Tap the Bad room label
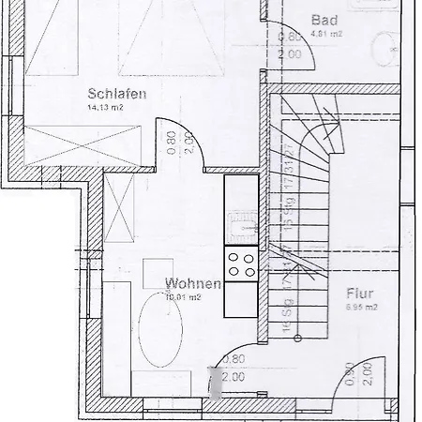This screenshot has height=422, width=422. [x=324, y=21]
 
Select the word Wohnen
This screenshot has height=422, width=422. [x=192, y=283]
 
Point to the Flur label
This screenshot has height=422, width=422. [x=360, y=292]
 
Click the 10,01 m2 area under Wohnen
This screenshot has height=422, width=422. [x=183, y=297]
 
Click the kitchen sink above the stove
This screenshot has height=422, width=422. [x=242, y=224]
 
